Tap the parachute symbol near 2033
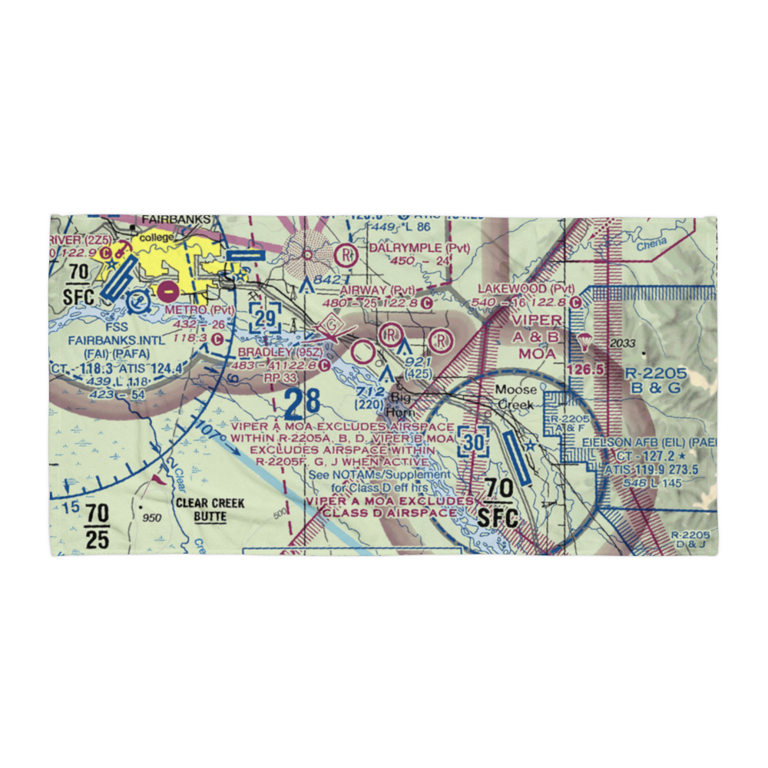click(584, 341)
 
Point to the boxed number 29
click(265, 317)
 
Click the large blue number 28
click(301, 402)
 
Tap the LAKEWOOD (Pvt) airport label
click(525, 289)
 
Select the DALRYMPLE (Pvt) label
click(419, 248)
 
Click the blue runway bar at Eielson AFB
click(515, 456)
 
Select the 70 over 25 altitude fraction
click(97, 526)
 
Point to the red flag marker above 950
click(157, 478)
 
